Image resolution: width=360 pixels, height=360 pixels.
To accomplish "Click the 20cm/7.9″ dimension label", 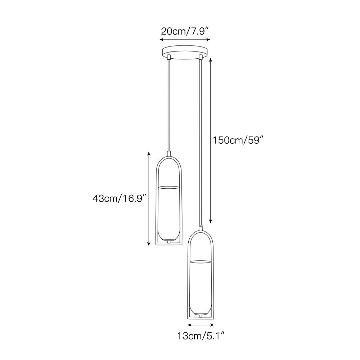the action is click(x=185, y=31).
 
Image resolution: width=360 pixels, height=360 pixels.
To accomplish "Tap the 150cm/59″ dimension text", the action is click(x=237, y=140).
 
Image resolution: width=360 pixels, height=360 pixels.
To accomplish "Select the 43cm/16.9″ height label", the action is click(x=120, y=198).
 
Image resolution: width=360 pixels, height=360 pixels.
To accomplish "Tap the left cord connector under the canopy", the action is click(x=169, y=57).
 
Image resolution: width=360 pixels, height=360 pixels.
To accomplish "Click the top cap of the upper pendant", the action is click(x=169, y=153).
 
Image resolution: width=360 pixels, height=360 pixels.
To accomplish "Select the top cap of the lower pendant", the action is click(x=201, y=228).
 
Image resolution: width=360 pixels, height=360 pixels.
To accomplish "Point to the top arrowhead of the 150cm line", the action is click(x=211, y=60).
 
